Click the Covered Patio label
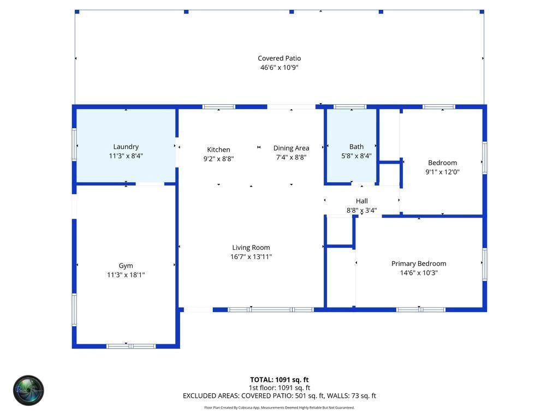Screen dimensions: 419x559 (x=279, y=58)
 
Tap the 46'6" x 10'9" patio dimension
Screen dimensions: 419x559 (x=279, y=68)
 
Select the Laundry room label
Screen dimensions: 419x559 (x=126, y=146)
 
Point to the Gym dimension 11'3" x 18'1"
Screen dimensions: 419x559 (x=126, y=275)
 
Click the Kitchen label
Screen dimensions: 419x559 (x=218, y=149)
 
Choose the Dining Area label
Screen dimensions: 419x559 (x=291, y=148)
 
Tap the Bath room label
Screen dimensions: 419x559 (x=356, y=146)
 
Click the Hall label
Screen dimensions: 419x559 (x=361, y=201)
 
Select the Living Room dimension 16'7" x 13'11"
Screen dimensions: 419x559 (x=251, y=256)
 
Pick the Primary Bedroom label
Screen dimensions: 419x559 (x=419, y=264)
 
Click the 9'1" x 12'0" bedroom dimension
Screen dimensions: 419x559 (x=442, y=172)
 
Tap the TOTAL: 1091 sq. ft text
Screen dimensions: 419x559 (x=279, y=380)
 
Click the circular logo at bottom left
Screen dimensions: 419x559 (x=28, y=390)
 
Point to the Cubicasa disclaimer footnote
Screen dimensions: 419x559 (x=279, y=408)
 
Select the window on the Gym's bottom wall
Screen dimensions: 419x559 (x=131, y=346)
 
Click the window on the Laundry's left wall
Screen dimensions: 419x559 (x=74, y=145)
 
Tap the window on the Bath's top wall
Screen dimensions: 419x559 (x=350, y=107)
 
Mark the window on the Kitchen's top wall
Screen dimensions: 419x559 (x=219, y=107)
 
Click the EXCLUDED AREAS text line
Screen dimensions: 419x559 (x=279, y=396)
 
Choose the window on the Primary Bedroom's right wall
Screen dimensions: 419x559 (x=484, y=264)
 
